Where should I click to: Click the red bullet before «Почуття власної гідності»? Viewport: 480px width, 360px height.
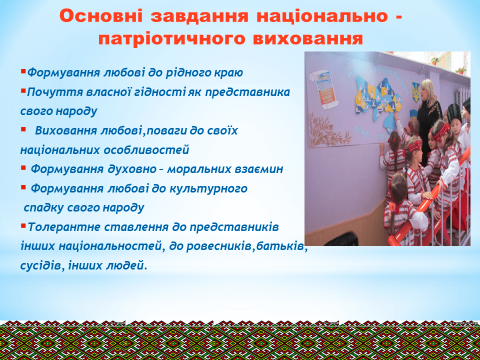(x=23, y=90)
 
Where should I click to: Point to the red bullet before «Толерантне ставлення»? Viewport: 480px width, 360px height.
(x=23, y=226)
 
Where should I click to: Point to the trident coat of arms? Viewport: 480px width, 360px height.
(x=416, y=92)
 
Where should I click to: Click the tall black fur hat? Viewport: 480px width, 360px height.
(x=454, y=113)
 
